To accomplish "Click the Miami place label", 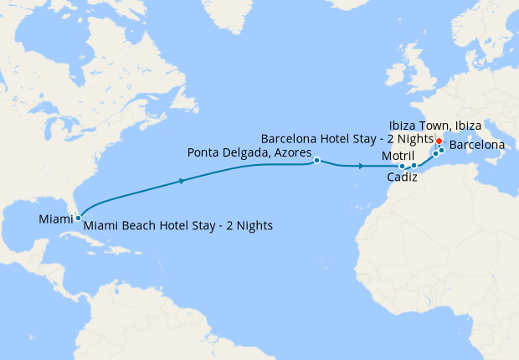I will pos(55,219).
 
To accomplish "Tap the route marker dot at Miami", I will pos(78,218).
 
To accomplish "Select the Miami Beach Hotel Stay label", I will pos(178,225).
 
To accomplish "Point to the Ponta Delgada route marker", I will pos(316,160).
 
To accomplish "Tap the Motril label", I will pos(398,157).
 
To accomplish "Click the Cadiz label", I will pos(403,177).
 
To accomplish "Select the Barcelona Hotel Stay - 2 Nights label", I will pos(347,138).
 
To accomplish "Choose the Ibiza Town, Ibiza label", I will pos(434,125).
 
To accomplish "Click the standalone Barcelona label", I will pos(477,145).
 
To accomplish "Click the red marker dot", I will pos(439,140).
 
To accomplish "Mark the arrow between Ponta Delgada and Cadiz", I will pos(361,167).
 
